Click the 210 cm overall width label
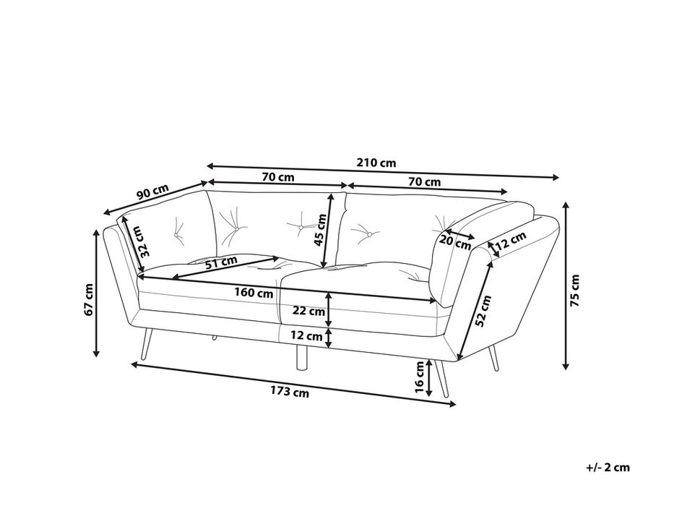[376, 163]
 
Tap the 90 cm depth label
[153, 192]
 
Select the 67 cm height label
[89, 299]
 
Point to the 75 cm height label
[575, 291]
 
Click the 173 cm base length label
[290, 392]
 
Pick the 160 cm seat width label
[254, 293]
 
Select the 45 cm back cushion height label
[320, 229]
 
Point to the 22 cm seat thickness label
[308, 311]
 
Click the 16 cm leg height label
[420, 377]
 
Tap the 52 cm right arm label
[483, 311]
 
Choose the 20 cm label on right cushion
[455, 242]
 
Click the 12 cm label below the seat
[306, 336]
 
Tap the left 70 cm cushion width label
[278, 177]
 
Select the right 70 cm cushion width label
[424, 182]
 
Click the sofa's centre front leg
[303, 356]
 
